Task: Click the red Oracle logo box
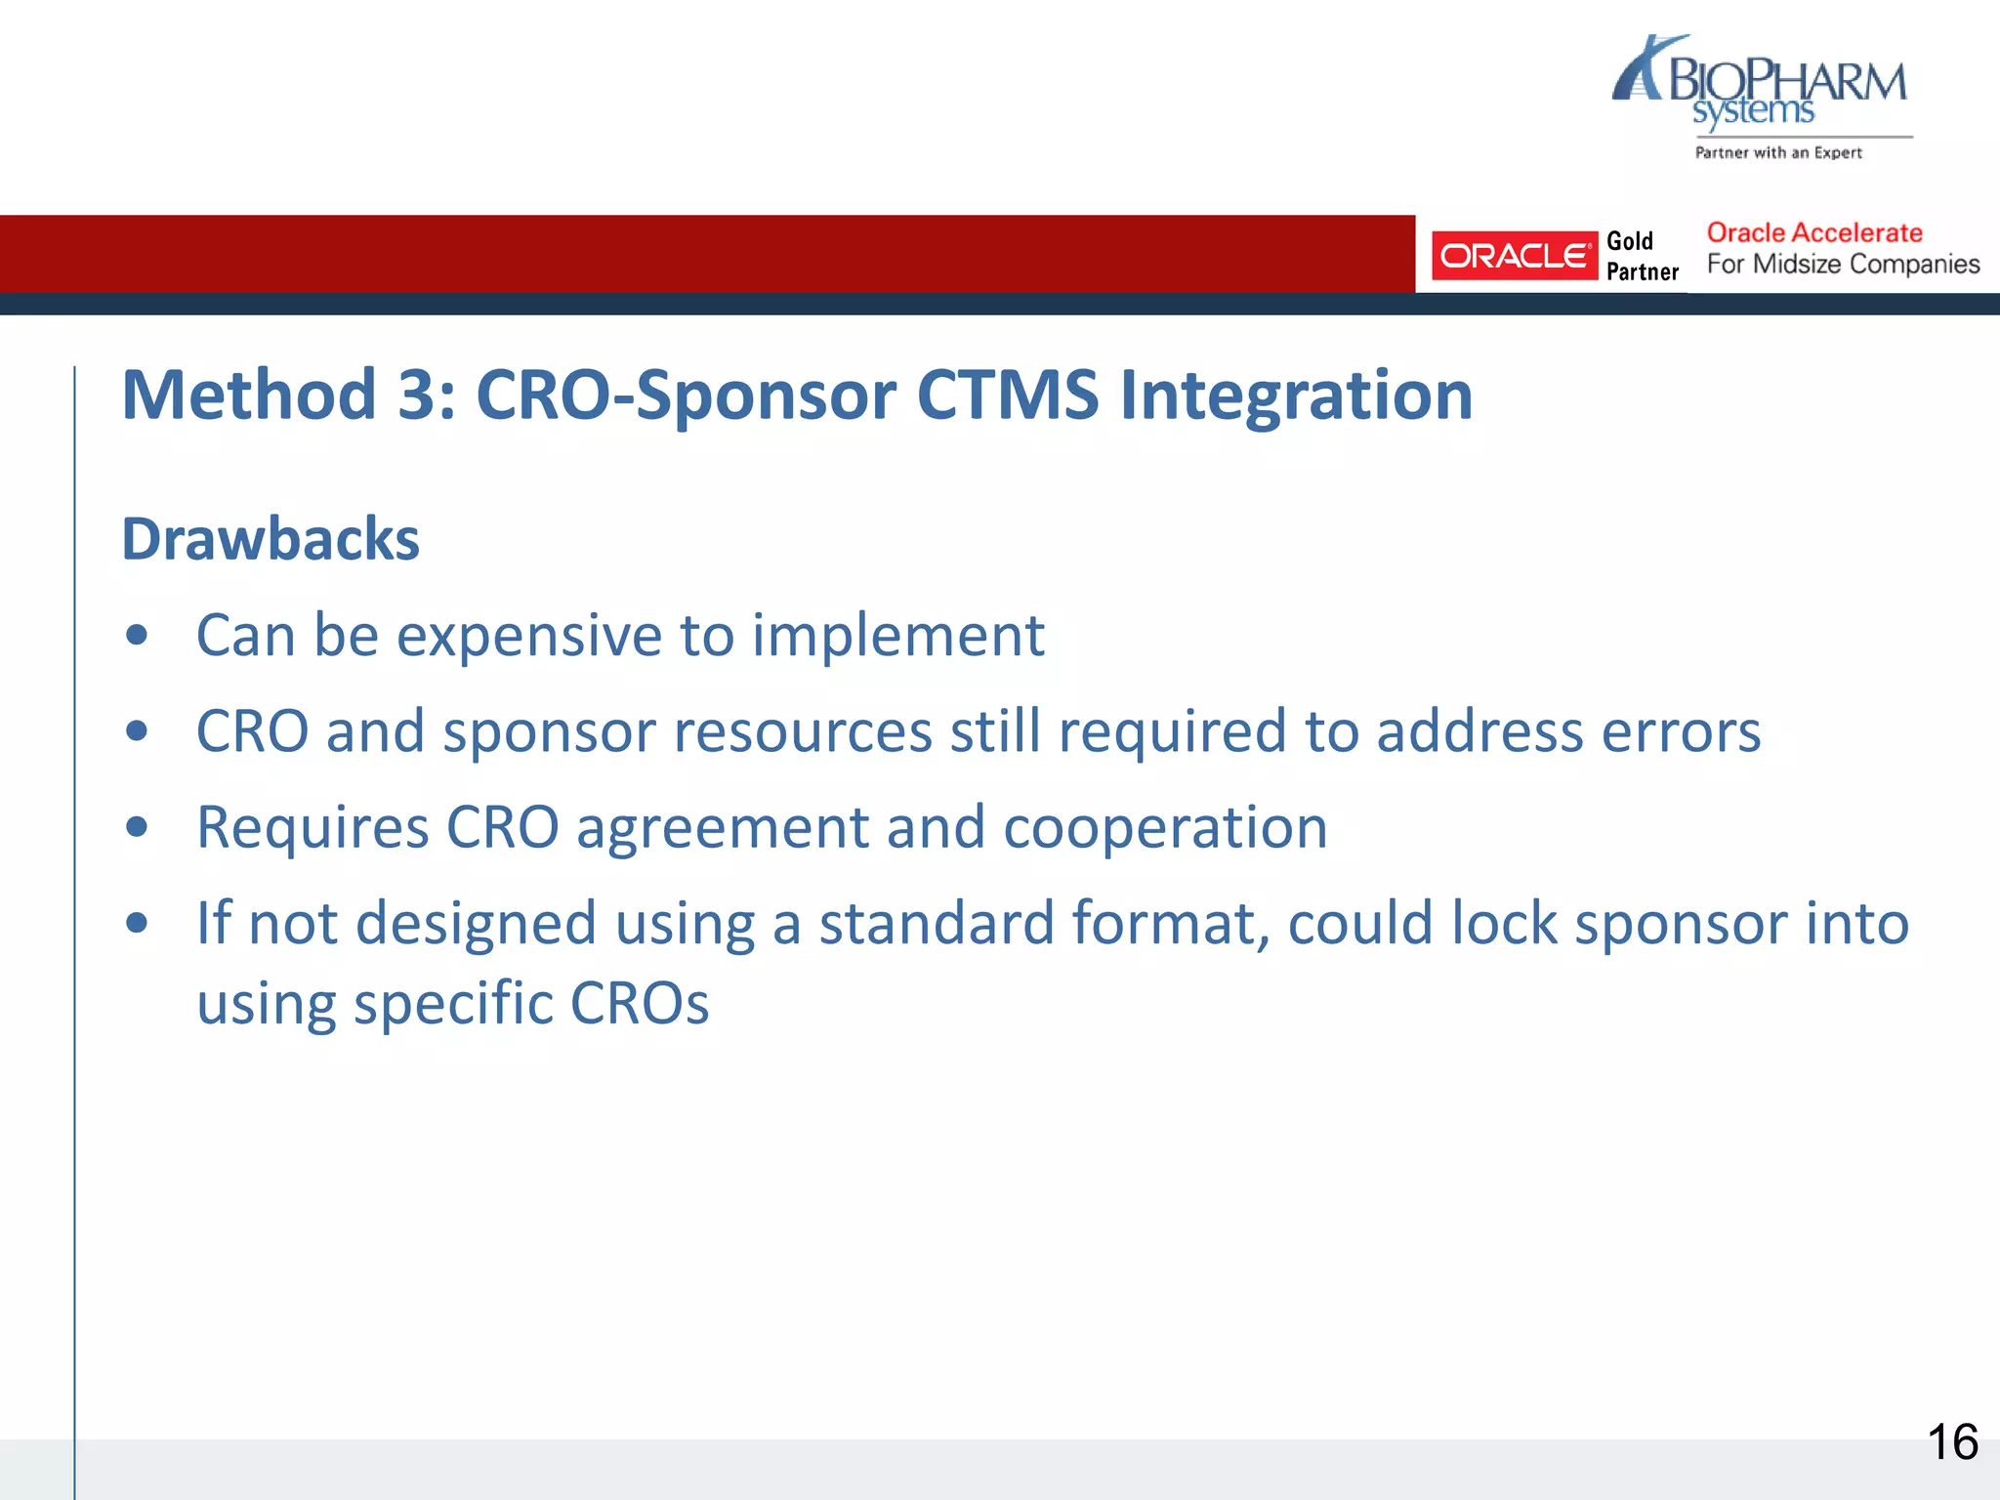pos(1513,256)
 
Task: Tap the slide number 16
pos(1952,1442)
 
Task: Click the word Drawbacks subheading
pos(271,539)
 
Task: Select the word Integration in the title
pos(1296,395)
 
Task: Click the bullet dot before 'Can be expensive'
pos(137,636)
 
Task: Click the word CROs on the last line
pos(639,1003)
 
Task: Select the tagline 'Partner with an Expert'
pos(1778,152)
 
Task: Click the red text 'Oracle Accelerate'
pos(1813,232)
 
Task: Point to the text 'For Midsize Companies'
pos(1843,265)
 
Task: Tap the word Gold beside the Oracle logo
pos(1630,241)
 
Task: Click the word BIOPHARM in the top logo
pos(1787,80)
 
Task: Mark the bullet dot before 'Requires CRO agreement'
pos(137,827)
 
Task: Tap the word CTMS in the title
pos(1007,395)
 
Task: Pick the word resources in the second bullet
pos(687,731)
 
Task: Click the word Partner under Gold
pos(1643,272)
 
